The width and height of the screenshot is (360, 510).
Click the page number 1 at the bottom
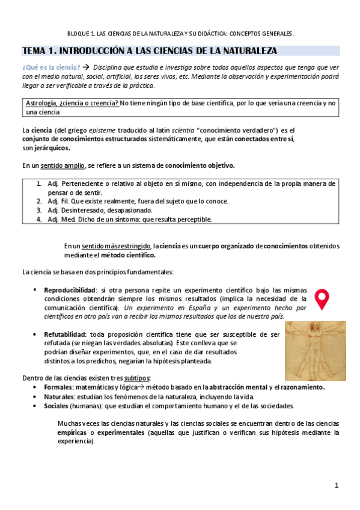pos(337,485)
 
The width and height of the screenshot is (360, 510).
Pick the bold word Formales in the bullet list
pos(58,387)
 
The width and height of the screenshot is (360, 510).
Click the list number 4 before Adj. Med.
pos(38,220)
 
